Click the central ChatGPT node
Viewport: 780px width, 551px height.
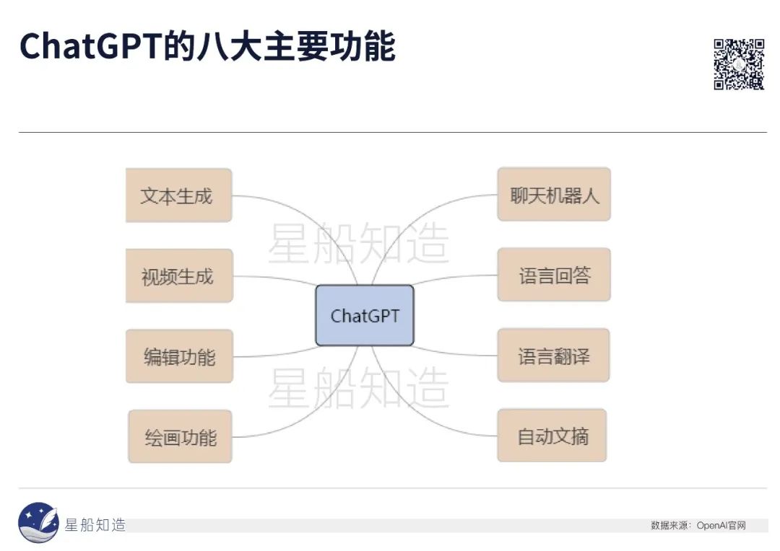(365, 315)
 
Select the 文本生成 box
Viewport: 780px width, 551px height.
(178, 195)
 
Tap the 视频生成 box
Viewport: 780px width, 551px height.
(178, 275)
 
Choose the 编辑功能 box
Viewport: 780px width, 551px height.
(179, 356)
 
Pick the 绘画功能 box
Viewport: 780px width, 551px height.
(180, 436)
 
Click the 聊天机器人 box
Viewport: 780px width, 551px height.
(554, 195)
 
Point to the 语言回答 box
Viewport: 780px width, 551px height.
(554, 275)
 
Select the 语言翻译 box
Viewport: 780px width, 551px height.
(553, 356)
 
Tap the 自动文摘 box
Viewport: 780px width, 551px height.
(552, 436)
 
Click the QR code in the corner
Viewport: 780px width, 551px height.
(738, 64)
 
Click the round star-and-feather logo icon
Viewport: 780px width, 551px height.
(38, 522)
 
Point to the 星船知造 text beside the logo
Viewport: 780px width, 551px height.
(95, 525)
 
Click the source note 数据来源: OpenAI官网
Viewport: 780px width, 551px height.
(698, 526)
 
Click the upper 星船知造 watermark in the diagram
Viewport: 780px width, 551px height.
(358, 243)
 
